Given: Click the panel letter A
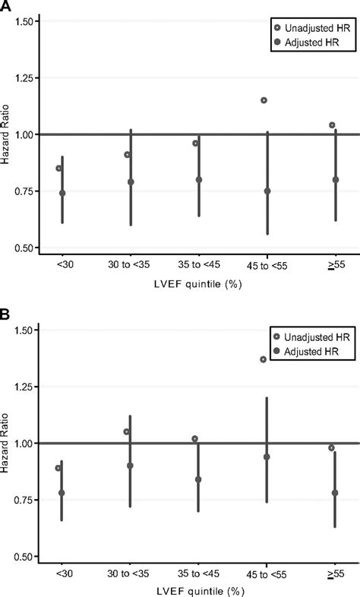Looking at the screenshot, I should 6,6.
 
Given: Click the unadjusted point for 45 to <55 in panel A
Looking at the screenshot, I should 264,100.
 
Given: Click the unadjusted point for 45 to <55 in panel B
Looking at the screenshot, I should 264,359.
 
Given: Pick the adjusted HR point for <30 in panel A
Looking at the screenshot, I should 62,193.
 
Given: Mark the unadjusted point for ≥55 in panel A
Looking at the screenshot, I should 332,125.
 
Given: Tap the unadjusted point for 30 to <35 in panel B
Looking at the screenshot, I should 127,431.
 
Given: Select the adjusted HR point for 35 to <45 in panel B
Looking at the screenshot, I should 198,479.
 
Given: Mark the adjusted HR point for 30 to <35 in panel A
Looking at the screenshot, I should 131,182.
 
